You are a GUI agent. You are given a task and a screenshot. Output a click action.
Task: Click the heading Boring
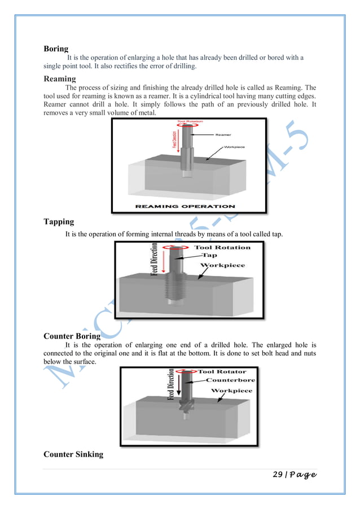[56, 49]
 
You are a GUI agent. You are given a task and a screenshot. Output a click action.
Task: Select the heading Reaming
[60, 79]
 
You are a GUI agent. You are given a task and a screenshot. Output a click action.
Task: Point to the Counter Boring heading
[72, 336]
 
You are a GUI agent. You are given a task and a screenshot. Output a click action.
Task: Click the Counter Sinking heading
[73, 454]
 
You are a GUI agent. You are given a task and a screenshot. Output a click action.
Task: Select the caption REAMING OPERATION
[186, 206]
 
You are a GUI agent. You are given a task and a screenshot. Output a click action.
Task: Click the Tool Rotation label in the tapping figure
[222, 247]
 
